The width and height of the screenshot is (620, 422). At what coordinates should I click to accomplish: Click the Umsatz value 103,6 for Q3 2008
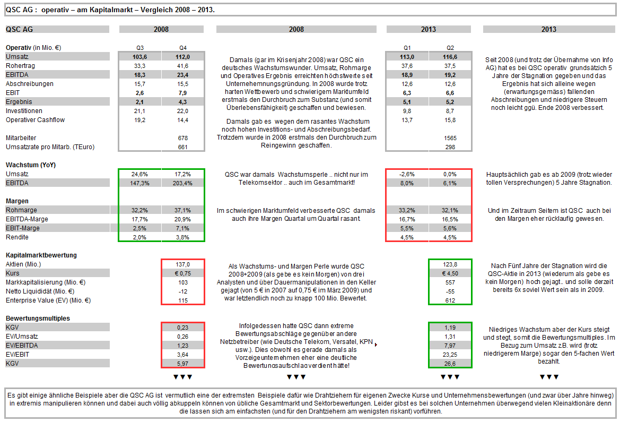click(139, 57)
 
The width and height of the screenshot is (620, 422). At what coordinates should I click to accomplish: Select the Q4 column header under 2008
click(183, 48)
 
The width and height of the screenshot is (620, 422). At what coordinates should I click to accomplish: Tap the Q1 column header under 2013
click(407, 48)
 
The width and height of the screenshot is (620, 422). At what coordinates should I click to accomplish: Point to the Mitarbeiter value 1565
click(450, 138)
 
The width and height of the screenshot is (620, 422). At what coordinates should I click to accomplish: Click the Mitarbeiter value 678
click(183, 138)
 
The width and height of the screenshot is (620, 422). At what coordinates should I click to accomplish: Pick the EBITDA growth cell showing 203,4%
click(183, 183)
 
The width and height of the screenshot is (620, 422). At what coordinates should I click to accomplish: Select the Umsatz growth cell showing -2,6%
click(407, 174)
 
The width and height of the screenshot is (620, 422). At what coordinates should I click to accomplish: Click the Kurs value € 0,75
click(183, 273)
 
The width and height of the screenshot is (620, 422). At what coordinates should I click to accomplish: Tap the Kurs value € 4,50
click(450, 273)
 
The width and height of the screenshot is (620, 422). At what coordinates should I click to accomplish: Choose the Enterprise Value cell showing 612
click(450, 300)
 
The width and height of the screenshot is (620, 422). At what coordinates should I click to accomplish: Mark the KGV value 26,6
click(450, 364)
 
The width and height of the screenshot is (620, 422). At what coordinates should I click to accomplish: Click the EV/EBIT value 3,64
click(183, 355)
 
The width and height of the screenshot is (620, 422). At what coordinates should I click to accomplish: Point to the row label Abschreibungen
click(30, 84)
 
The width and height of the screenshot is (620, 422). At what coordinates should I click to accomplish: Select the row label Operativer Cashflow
click(35, 120)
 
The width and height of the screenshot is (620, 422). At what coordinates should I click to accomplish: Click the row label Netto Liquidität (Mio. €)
click(40, 291)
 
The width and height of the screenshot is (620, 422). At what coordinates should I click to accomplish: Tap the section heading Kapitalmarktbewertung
click(41, 255)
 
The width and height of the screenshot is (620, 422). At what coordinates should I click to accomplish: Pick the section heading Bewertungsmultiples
click(37, 318)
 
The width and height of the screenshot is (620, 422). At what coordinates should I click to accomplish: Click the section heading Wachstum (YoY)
click(30, 165)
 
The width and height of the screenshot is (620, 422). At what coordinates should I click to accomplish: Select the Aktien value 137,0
click(183, 264)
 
